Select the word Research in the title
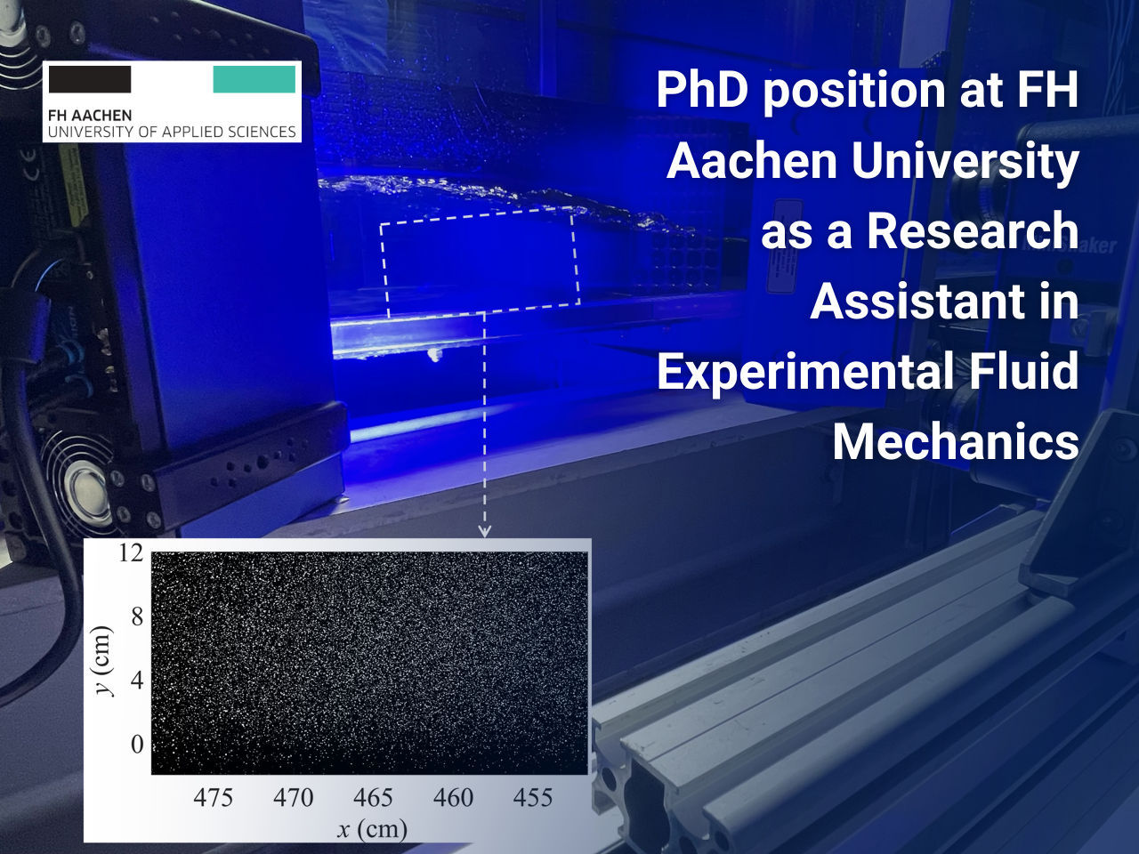coord(972,231)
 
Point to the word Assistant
coord(917,302)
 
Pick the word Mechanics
coord(956,442)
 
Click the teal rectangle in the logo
coord(254,79)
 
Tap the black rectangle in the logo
coord(90,79)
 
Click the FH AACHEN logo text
coord(90,116)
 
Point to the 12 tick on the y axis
coord(130,553)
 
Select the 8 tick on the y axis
coord(136,616)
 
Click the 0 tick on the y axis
coord(136,744)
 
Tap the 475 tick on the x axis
coord(214,798)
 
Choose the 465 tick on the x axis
coord(373,798)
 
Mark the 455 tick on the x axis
coord(532,798)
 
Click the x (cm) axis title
coord(372,830)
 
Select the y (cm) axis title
coord(103,661)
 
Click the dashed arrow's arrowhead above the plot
coord(484,531)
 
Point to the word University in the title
coord(965,162)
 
